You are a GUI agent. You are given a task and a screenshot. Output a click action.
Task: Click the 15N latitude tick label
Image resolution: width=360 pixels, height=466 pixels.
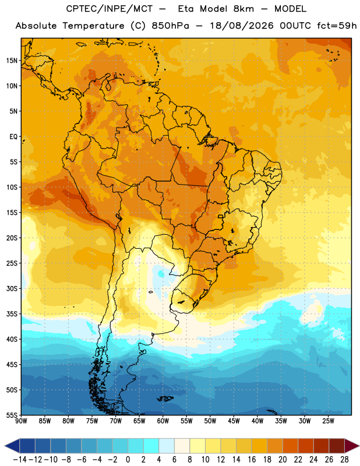pyautogui.click(x=12, y=61)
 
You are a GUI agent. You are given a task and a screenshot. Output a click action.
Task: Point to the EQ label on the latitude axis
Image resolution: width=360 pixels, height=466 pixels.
pyautogui.click(x=13, y=137)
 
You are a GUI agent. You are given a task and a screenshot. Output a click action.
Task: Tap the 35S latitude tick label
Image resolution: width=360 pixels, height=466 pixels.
pyautogui.click(x=12, y=314)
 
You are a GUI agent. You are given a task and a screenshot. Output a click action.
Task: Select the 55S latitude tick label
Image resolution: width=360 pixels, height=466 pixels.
pyautogui.click(x=12, y=415)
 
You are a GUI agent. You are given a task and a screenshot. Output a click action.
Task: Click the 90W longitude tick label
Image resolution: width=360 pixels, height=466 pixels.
pyautogui.click(x=22, y=421)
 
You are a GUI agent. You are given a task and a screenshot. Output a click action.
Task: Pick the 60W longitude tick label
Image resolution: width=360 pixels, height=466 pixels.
pyautogui.click(x=163, y=421)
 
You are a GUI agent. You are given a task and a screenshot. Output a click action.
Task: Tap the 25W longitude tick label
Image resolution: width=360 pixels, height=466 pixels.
pyautogui.click(x=328, y=421)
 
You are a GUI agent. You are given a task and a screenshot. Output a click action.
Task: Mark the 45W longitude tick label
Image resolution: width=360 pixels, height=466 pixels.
pyautogui.click(x=234, y=421)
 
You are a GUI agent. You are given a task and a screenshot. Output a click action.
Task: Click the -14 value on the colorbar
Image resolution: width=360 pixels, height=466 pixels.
pyautogui.click(x=20, y=460)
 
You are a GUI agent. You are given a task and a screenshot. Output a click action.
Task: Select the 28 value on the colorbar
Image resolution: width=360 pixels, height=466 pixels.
pyautogui.click(x=344, y=460)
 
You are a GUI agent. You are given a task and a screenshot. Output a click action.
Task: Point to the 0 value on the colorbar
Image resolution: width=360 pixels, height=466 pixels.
pyautogui.click(x=128, y=460)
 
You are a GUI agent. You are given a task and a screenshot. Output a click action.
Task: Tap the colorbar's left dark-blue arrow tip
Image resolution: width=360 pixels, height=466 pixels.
pyautogui.click(x=5, y=446)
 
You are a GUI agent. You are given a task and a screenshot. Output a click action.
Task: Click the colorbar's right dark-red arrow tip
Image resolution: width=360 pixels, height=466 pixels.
pyautogui.click(x=359, y=446)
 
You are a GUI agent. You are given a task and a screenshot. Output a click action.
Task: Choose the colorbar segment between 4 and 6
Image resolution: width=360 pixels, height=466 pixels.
pyautogui.click(x=167, y=446)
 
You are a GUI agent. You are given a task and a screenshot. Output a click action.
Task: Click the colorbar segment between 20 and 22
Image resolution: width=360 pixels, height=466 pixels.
pyautogui.click(x=291, y=446)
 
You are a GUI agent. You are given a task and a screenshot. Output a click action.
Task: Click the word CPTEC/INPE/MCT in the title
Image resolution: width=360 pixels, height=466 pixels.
pyautogui.click(x=110, y=9)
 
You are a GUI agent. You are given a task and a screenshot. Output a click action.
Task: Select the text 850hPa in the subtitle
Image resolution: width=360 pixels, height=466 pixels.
pyautogui.click(x=170, y=26)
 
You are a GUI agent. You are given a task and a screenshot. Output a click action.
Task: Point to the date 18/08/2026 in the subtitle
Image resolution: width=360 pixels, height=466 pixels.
pyautogui.click(x=242, y=26)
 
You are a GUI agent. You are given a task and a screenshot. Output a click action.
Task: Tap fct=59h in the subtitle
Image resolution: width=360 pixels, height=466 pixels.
pyautogui.click(x=337, y=26)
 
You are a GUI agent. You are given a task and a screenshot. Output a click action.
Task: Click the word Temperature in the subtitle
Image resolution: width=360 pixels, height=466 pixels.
pyautogui.click(x=94, y=26)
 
